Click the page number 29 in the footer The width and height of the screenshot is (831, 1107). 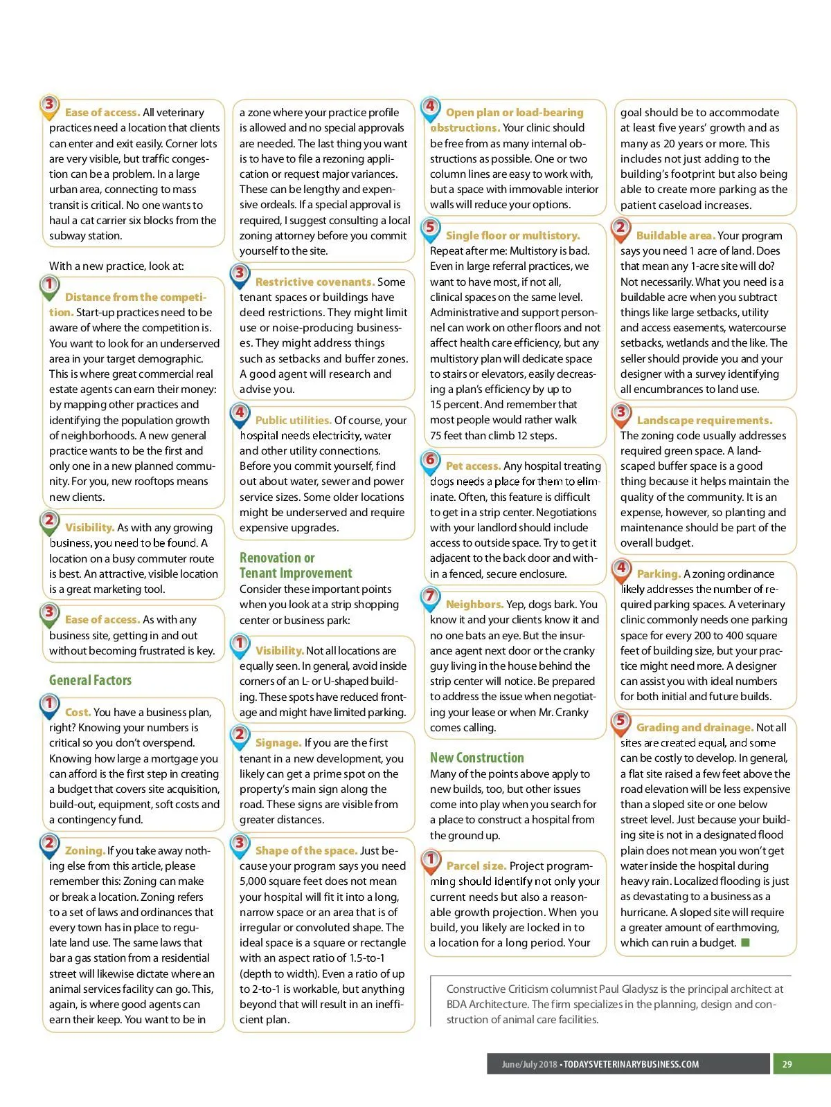tap(787, 1064)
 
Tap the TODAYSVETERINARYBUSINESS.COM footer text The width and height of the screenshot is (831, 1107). tap(631, 1064)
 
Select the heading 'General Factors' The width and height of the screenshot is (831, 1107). tap(90, 680)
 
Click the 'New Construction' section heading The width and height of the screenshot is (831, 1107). tap(476, 758)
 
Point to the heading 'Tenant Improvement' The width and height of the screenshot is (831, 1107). tap(296, 573)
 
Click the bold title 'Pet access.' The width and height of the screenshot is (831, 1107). tap(473, 466)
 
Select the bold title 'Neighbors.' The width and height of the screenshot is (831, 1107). tap(474, 604)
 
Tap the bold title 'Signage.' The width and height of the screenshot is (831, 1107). tap(278, 742)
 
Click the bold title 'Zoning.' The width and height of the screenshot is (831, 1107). tap(85, 850)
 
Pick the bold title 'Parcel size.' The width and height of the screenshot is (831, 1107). tap(476, 866)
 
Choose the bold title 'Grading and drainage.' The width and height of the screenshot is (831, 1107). tap(695, 727)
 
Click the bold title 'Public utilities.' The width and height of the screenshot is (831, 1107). tap(294, 420)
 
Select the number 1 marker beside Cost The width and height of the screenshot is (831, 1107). tap(49, 704)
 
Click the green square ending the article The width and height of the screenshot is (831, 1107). tap(745, 942)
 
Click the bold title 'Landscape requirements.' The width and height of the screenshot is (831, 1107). tap(704, 420)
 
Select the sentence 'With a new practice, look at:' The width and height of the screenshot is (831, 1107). tap(116, 266)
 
